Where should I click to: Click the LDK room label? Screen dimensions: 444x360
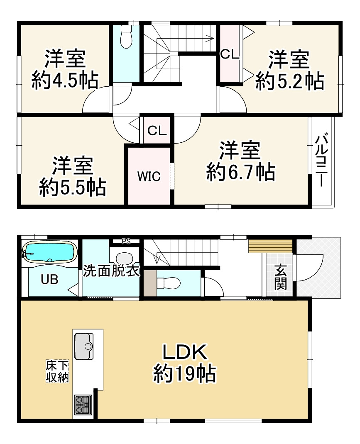(x=184, y=353)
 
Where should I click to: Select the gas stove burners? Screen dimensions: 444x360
(x=83, y=405)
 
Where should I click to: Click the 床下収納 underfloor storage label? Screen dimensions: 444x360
(x=57, y=371)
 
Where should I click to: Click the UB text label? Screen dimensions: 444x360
(x=49, y=280)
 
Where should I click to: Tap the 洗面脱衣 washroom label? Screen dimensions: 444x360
(x=111, y=272)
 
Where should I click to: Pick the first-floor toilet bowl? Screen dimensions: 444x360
(x=170, y=283)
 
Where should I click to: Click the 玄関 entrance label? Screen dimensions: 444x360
(x=280, y=278)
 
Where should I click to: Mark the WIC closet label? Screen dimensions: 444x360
(x=149, y=176)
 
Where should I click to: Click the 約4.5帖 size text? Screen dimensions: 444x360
(x=65, y=80)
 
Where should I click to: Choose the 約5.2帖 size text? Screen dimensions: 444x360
(x=289, y=81)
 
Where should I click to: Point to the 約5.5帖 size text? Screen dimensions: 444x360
(x=72, y=188)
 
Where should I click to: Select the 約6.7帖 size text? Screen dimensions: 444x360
(x=241, y=172)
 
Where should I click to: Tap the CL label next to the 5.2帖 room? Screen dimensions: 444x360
(x=230, y=55)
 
